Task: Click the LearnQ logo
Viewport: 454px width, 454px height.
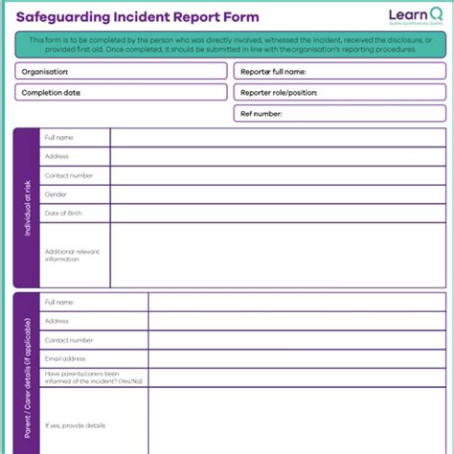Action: [x=416, y=16]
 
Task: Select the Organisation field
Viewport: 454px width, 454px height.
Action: [x=121, y=71]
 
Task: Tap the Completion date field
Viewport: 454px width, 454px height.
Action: [x=121, y=92]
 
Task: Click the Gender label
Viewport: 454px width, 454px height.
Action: [x=56, y=193]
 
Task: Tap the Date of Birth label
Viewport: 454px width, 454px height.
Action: [x=63, y=213]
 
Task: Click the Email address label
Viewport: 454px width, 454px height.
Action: [x=65, y=359]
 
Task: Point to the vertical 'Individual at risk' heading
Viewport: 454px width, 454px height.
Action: [x=26, y=208]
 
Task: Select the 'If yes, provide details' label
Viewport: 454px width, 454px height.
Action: [x=75, y=425]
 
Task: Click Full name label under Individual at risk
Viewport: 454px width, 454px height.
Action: [x=59, y=138]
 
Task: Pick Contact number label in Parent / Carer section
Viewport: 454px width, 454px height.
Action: [x=69, y=340]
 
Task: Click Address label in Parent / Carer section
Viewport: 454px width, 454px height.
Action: [x=57, y=321]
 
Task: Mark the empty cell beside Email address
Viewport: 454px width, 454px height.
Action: [x=297, y=359]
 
